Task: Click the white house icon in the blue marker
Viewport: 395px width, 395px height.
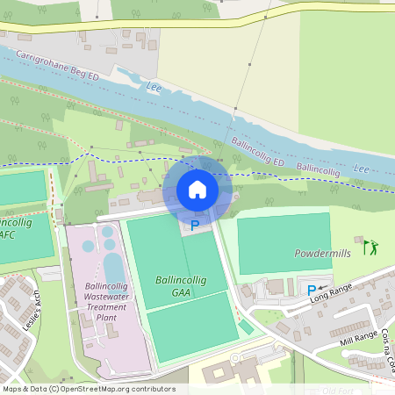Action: click(197, 190)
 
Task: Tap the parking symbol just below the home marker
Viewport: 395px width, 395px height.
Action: click(195, 226)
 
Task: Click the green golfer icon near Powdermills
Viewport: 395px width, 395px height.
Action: click(370, 247)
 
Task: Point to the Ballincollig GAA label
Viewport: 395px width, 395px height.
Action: click(179, 286)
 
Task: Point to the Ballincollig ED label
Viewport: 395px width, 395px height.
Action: click(258, 151)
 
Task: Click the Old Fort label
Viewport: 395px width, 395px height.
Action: click(338, 390)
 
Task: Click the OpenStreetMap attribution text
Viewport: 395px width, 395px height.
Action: click(89, 389)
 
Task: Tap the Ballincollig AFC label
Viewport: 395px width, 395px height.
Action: click(16, 229)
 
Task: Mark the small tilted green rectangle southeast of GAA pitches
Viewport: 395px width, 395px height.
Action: click(246, 327)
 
